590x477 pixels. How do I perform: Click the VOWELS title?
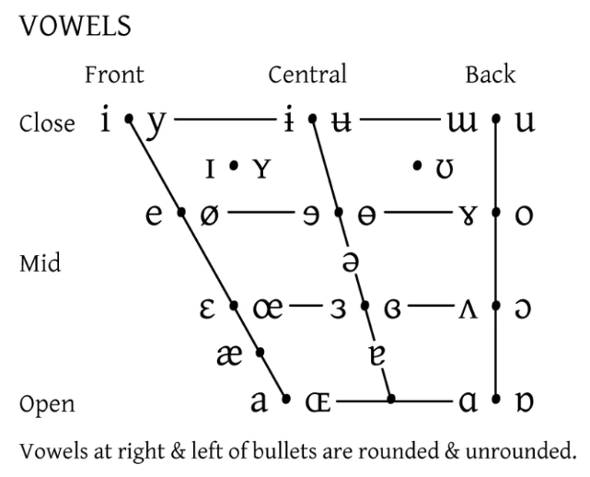click(x=75, y=27)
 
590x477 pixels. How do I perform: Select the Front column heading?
click(x=114, y=75)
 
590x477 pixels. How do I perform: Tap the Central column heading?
click(x=307, y=75)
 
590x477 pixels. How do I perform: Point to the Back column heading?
click(x=491, y=75)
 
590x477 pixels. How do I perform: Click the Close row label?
click(x=47, y=123)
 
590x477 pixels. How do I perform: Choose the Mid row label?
click(x=40, y=264)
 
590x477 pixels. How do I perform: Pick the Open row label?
click(x=47, y=404)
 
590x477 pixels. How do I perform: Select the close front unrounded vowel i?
click(x=107, y=121)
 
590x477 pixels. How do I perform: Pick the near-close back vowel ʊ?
click(x=445, y=169)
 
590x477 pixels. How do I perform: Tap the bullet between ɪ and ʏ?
click(x=234, y=167)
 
